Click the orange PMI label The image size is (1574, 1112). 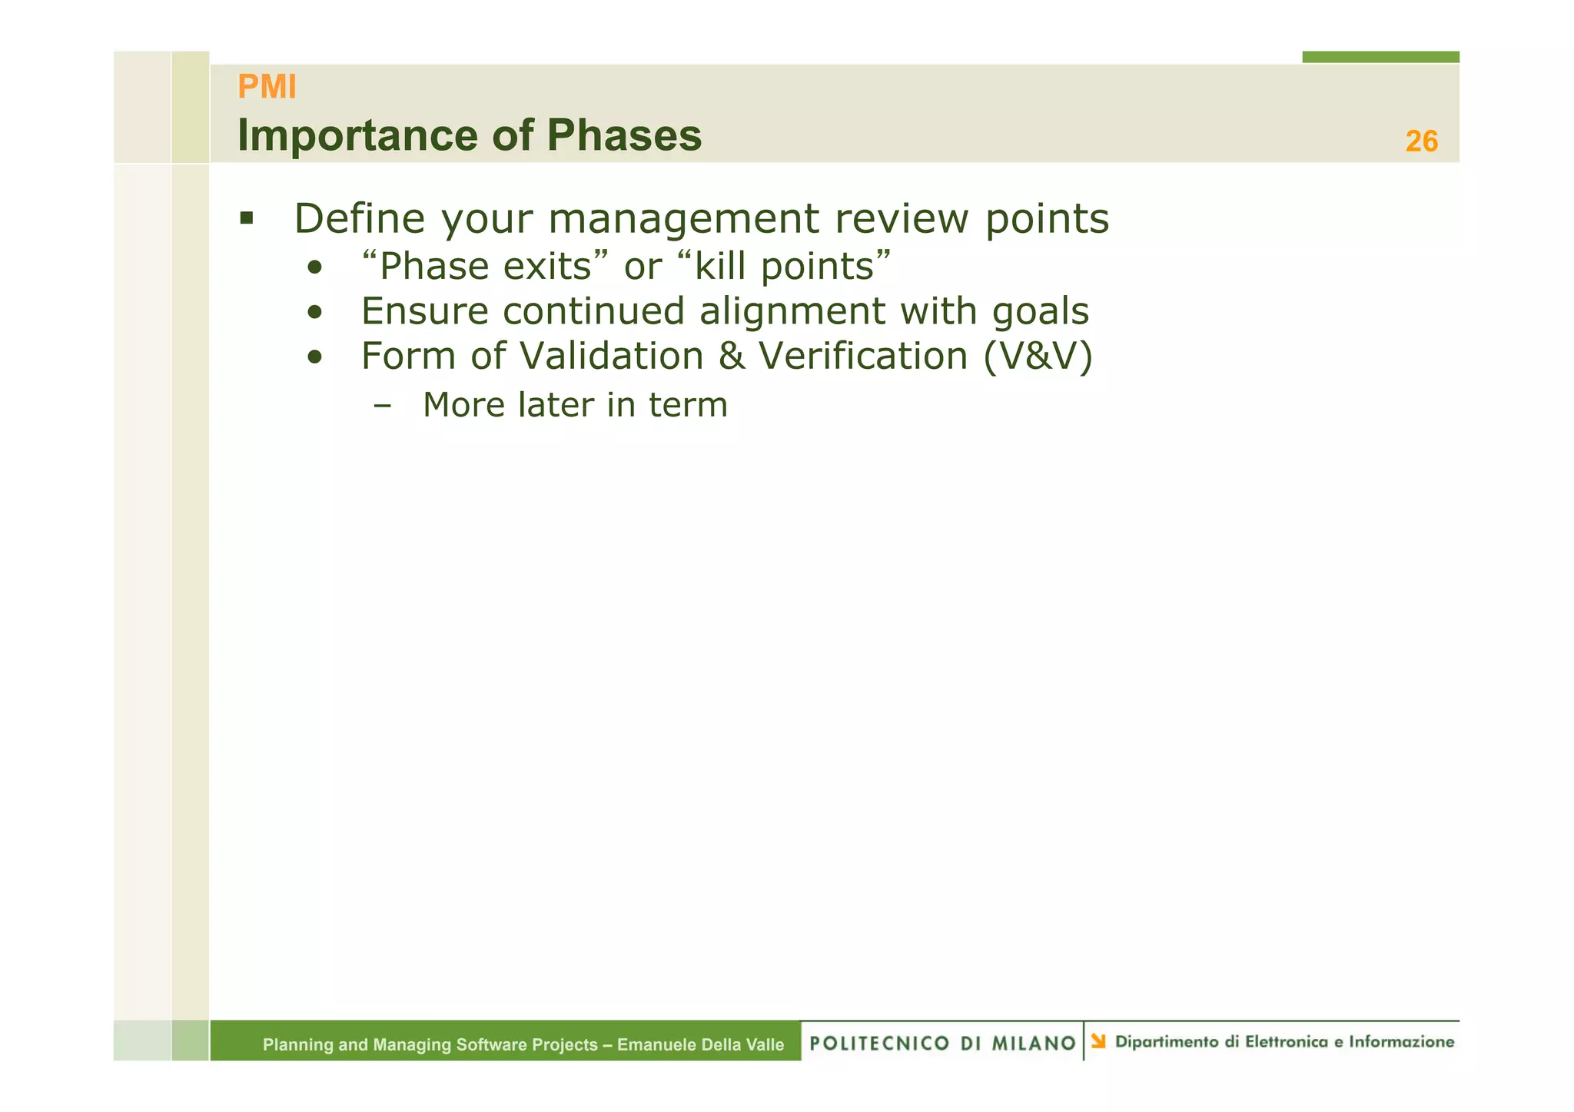pyautogui.click(x=267, y=87)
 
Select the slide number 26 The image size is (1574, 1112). pyautogui.click(x=1421, y=141)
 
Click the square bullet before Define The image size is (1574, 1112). pyautogui.click(x=246, y=219)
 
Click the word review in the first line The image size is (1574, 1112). pyautogui.click(x=902, y=219)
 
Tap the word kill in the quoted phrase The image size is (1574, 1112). pyautogui.click(x=721, y=267)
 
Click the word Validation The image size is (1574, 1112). pyautogui.click(x=611, y=357)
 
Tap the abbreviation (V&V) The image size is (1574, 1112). pyautogui.click(x=1038, y=357)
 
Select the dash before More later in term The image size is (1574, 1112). pyautogui.click(x=381, y=406)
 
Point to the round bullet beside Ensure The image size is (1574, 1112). pyautogui.click(x=314, y=313)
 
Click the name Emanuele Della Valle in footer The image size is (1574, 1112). pyautogui.click(x=700, y=1044)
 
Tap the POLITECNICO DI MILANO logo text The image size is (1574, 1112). pyautogui.click(x=942, y=1043)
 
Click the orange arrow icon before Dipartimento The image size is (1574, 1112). pyautogui.click(x=1098, y=1041)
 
